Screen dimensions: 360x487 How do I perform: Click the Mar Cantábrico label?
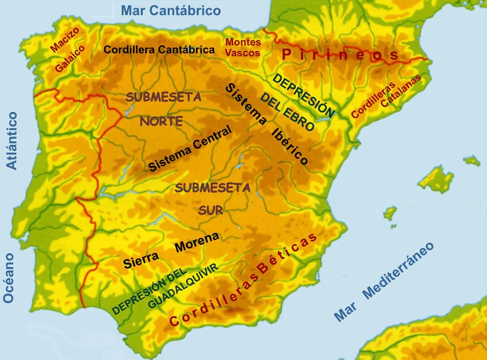171,10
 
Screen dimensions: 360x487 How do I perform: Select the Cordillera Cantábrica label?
159,49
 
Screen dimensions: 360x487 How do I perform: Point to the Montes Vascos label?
243,47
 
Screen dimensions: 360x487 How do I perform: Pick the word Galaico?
70,59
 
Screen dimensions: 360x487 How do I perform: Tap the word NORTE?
161,121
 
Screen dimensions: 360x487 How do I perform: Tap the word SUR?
211,210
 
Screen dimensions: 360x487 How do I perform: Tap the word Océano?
9,278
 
